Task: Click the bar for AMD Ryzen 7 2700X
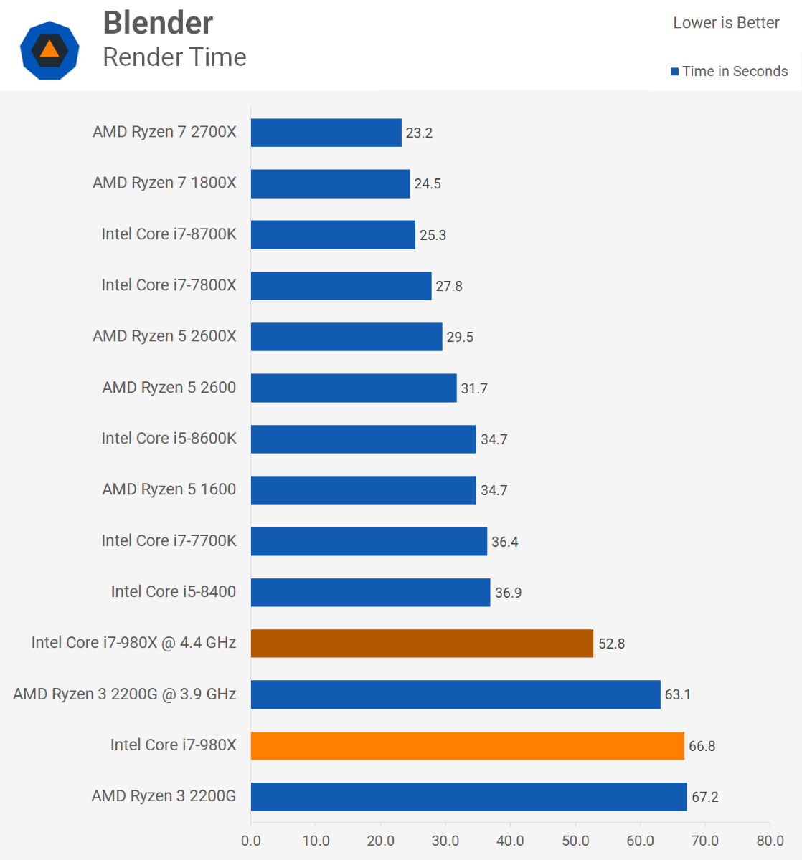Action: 326,133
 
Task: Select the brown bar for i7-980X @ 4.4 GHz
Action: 422,644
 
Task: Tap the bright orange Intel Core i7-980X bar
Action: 467,745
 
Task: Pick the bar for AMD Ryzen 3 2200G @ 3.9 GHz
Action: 456,694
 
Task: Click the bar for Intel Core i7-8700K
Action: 333,235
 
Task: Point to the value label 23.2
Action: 419,133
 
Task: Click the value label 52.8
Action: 611,644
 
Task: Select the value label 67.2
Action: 704,797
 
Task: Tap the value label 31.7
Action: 473,388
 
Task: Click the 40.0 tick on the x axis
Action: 510,841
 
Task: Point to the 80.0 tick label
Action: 770,841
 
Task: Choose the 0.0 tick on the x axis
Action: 251,841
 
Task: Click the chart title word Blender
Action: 158,23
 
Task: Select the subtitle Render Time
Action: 174,57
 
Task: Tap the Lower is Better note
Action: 726,23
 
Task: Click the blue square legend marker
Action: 674,72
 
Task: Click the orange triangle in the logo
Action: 49,49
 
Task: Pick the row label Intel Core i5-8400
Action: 173,592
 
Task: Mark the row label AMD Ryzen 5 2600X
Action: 164,336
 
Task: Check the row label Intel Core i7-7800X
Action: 169,285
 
